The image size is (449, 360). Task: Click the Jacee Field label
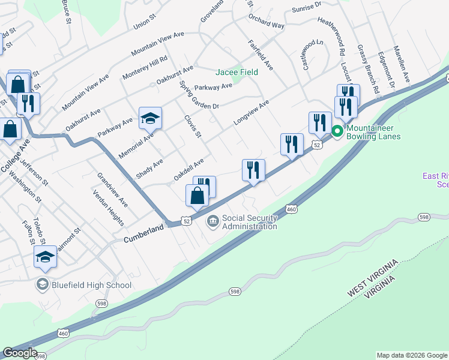coord(237,72)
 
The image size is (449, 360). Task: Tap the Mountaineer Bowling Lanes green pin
coord(337,131)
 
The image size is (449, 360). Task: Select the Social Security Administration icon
coord(213,222)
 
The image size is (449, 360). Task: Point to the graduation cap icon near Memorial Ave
coord(150,118)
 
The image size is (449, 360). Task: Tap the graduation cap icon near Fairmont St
coord(45,257)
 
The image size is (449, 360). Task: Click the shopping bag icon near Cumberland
coord(197,195)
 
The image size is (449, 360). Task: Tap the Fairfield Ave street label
coord(260,55)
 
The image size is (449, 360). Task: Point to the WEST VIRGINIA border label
coord(372,279)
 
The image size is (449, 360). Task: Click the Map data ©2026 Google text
coord(412,355)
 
